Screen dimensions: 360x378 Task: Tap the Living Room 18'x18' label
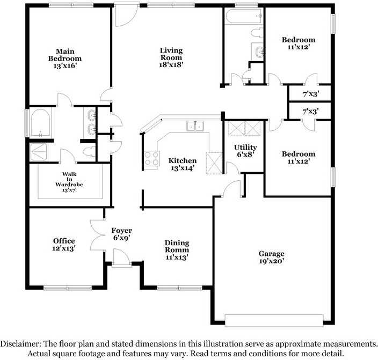pyautogui.click(x=171, y=58)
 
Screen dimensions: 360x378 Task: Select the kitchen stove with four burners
pyautogui.click(x=151, y=159)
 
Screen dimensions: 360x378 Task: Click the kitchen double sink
pyautogui.click(x=195, y=127)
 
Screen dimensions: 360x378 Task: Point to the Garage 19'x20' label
pyautogui.click(x=271, y=258)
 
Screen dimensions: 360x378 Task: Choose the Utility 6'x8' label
pyautogui.click(x=245, y=151)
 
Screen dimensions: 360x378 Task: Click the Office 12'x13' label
pyautogui.click(x=64, y=245)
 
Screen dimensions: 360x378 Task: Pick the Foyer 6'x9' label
pyautogui.click(x=122, y=234)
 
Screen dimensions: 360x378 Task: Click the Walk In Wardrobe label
pyautogui.click(x=69, y=182)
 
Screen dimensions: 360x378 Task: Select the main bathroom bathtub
pyautogui.click(x=40, y=123)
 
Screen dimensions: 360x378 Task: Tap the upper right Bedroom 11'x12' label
pyautogui.click(x=299, y=43)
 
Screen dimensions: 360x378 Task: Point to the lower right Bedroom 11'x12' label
pyautogui.click(x=299, y=158)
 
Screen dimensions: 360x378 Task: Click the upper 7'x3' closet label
pyautogui.click(x=311, y=94)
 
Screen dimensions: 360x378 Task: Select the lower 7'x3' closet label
pyautogui.click(x=311, y=112)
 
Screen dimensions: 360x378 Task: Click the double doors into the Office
pyautogui.click(x=97, y=236)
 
